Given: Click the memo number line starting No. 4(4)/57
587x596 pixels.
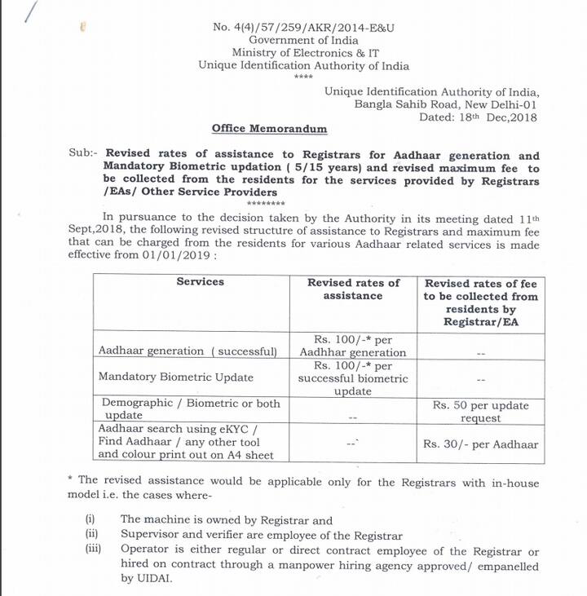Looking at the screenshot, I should (303, 27).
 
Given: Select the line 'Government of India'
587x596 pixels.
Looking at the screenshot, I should (303, 40).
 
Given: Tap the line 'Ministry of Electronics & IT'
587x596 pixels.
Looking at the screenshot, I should (303, 53).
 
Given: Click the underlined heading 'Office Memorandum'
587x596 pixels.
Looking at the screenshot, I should (269, 129).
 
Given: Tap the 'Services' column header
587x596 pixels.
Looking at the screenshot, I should (200, 281).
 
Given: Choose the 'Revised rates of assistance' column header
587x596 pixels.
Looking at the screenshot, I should (353, 289).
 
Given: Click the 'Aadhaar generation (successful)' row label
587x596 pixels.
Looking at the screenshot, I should (188, 351).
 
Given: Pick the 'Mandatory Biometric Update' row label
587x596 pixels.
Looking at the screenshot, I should (175, 377).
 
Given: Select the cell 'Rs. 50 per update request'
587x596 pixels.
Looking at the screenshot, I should (480, 412).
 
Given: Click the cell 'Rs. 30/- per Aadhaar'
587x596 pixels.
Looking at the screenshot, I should (480, 444).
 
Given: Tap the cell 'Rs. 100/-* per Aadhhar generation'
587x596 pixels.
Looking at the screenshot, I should (352, 346).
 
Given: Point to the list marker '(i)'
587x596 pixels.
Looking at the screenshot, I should (90, 519).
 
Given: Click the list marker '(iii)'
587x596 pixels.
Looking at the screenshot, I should (92, 549).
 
